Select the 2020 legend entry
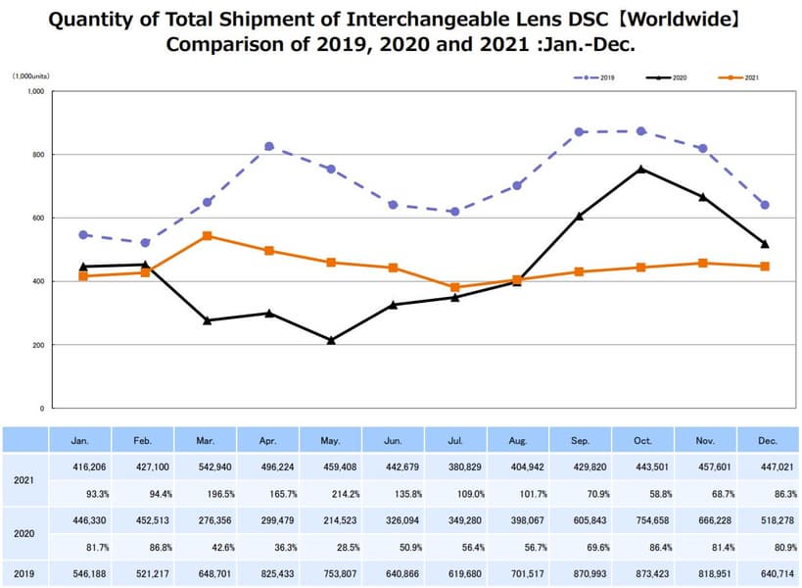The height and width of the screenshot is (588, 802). point(673,75)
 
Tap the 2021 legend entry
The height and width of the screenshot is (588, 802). point(744,75)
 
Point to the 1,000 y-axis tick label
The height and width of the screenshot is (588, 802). point(35,91)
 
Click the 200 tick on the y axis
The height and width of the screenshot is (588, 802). point(38,345)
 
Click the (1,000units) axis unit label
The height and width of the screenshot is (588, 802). point(31,75)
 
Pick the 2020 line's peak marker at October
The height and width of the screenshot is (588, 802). point(641,169)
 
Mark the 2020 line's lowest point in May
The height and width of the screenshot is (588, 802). point(331,340)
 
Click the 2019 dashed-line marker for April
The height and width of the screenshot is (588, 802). point(269,146)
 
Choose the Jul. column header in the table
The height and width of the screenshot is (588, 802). point(455,441)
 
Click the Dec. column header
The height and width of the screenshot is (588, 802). point(767,441)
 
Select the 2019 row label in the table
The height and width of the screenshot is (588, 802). point(24,572)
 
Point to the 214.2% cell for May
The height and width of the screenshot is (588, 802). point(331,494)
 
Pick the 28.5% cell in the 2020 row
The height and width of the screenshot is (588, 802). point(331,547)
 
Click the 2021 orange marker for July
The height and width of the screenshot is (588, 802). point(455,288)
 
